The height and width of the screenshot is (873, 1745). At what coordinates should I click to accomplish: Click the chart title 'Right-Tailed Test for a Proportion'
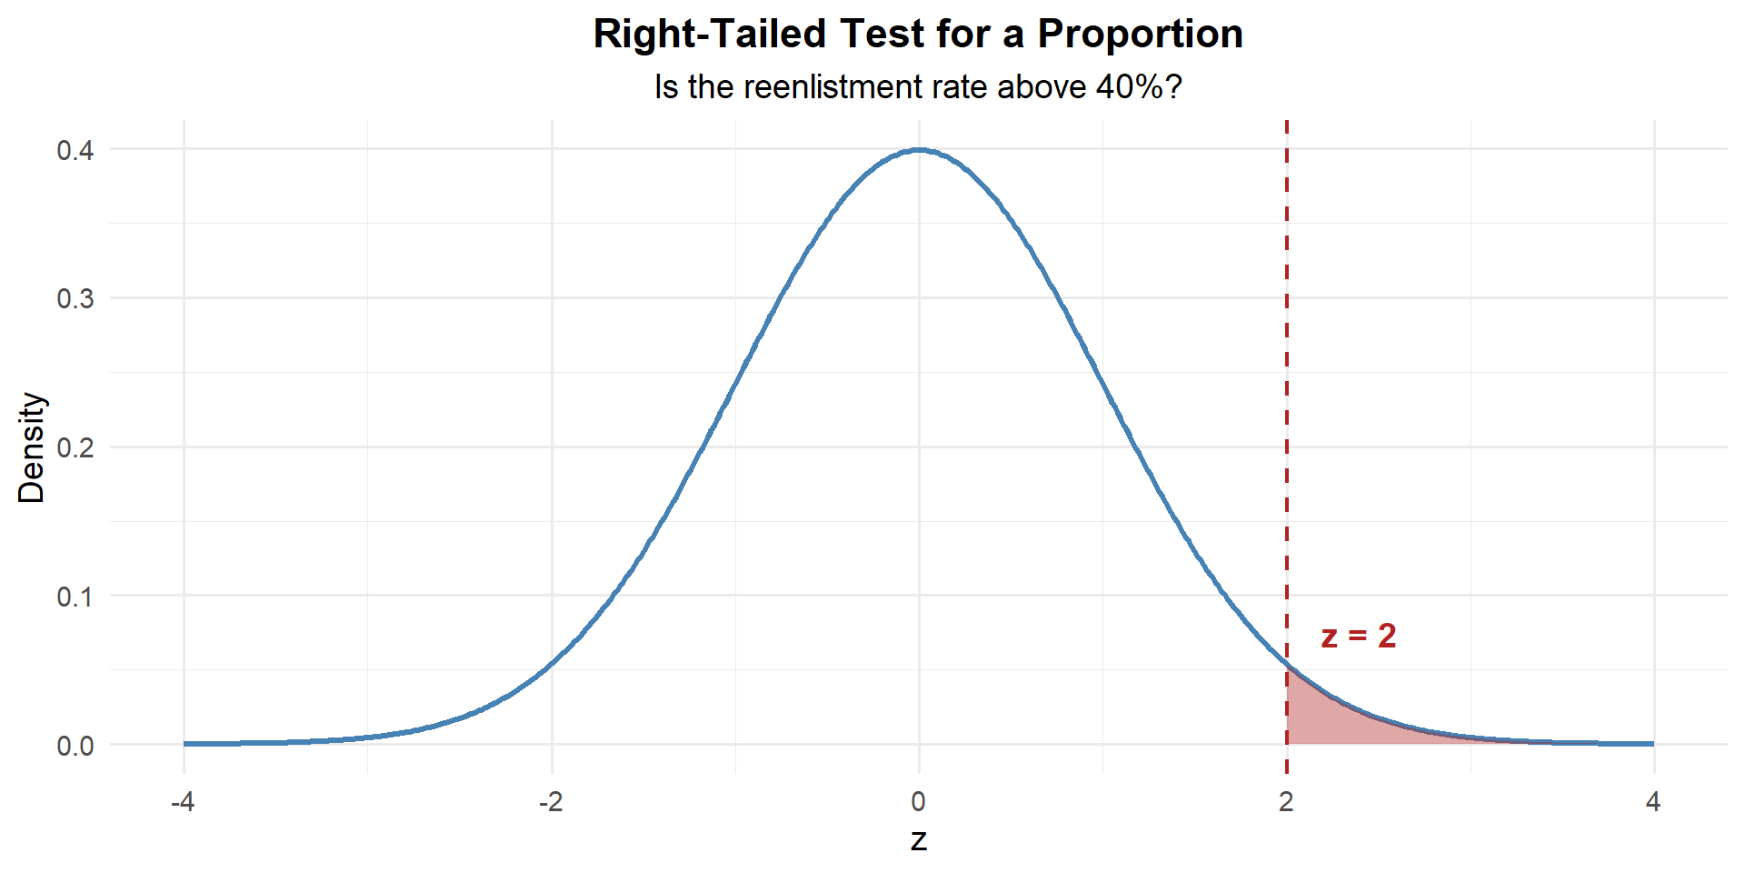point(918,35)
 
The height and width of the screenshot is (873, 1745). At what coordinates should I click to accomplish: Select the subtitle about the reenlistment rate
point(918,87)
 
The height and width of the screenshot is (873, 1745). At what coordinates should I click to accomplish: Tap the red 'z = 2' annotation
point(1358,636)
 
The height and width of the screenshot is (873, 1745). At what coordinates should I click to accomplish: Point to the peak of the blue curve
point(919,150)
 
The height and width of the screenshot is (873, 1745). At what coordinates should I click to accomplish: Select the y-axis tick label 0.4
point(75,150)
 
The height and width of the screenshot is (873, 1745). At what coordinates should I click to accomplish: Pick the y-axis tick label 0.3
point(75,299)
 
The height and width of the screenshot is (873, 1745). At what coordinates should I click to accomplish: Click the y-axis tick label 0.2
point(75,448)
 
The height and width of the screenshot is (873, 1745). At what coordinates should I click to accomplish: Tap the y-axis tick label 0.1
point(75,597)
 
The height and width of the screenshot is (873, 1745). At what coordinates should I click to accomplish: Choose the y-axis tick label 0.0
point(75,747)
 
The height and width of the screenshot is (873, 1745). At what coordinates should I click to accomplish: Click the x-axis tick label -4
point(184,802)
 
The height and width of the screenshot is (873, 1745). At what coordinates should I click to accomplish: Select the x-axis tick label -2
point(551,802)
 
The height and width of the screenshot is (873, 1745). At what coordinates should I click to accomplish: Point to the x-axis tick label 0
point(919,802)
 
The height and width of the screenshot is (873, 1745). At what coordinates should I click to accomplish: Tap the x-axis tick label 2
point(1286,802)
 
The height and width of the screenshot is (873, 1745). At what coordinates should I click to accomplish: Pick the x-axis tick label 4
point(1653,802)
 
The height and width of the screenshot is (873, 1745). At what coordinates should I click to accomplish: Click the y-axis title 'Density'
point(32,447)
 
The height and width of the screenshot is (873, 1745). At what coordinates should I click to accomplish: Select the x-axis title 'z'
point(919,840)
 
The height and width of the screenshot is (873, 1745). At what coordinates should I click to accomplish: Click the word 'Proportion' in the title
point(1140,35)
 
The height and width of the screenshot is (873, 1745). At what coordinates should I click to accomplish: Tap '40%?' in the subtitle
point(1138,87)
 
